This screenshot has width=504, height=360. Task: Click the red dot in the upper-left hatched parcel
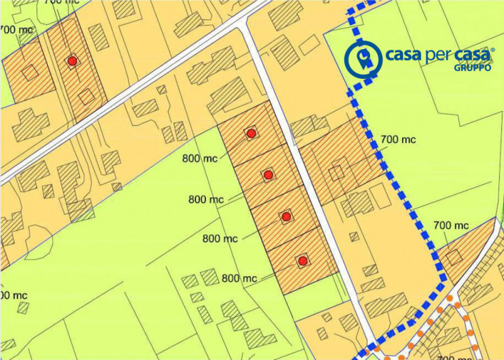[x=72, y=61]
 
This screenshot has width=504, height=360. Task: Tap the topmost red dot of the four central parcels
[x=251, y=133]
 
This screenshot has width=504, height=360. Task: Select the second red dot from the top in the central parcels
[x=268, y=175]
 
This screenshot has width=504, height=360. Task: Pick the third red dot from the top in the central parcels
[x=286, y=217]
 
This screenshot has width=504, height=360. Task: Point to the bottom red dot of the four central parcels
[x=303, y=260]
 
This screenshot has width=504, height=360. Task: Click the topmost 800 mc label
[x=200, y=158]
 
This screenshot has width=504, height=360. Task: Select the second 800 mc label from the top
[x=206, y=200]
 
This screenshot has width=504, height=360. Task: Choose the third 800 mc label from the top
[x=220, y=238]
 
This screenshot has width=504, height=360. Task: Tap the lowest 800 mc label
[x=239, y=277]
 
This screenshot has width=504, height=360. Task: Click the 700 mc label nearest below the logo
[x=398, y=140]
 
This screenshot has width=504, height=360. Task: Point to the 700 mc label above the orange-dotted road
[x=451, y=225]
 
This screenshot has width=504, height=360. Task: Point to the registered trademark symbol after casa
[x=493, y=48]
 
